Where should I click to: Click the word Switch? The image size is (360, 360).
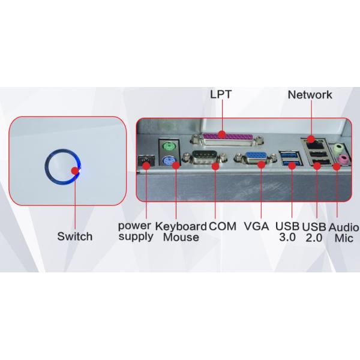point(74,236)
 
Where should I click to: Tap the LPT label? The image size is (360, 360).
point(221,95)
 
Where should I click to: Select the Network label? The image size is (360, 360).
point(310,95)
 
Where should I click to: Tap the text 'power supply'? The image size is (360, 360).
point(135,232)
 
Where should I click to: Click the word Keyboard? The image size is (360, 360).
point(181,227)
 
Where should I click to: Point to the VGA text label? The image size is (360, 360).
point(257,227)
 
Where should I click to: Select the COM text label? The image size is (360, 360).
point(223,227)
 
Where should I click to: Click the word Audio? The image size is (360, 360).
point(343,227)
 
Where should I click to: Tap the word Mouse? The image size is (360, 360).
point(181,238)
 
